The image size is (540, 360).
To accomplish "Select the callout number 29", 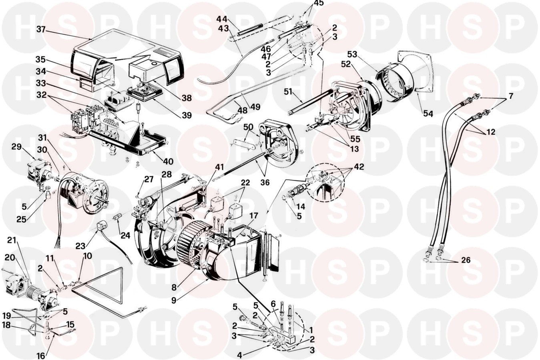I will (x=16, y=147).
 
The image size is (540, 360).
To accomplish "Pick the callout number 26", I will (x=466, y=260).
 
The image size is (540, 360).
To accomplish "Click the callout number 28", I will (x=167, y=175).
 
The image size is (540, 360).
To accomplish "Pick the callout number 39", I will (x=186, y=115).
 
